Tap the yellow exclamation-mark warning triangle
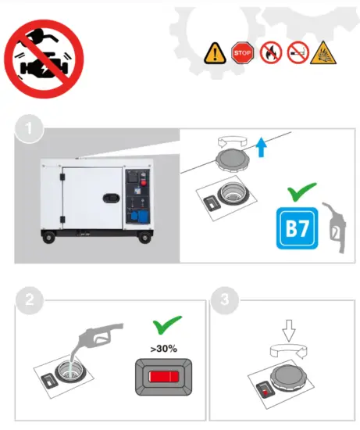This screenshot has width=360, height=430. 216,53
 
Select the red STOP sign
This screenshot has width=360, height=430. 243,52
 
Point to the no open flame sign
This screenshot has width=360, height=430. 270,52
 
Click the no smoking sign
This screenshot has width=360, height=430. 298,52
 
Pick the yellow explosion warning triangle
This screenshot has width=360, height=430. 324,52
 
